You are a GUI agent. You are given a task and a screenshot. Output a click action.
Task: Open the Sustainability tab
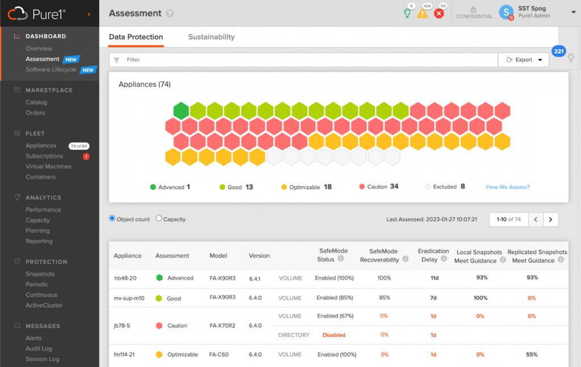[x=211, y=37]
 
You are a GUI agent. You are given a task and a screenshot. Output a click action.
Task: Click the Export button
[x=524, y=60]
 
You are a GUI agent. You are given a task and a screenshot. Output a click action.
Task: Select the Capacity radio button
[x=159, y=218]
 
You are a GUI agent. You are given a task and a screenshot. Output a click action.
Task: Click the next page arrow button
[x=550, y=220]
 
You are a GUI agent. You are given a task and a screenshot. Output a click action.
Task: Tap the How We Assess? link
[x=508, y=187]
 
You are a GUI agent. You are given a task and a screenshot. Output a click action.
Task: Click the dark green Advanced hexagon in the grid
[x=181, y=111]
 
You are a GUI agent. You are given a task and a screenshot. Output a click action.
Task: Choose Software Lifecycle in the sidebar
[x=50, y=70]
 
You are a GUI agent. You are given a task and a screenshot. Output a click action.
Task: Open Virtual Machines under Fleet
[x=49, y=167]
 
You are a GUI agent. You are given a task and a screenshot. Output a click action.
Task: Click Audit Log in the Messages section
[x=39, y=348]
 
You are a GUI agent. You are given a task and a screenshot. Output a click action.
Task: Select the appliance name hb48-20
[x=125, y=278]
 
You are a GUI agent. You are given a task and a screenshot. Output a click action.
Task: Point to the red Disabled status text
[x=334, y=335]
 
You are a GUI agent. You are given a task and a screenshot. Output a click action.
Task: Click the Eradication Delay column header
[x=433, y=255]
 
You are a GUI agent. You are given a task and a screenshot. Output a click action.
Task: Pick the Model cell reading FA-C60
[x=218, y=355]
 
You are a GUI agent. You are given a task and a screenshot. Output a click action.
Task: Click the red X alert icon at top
[x=439, y=14]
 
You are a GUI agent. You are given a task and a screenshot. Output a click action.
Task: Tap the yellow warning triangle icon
[x=422, y=14]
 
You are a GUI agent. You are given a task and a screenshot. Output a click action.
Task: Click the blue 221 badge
[x=558, y=51]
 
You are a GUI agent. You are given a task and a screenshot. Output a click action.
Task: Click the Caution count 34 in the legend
[x=394, y=186]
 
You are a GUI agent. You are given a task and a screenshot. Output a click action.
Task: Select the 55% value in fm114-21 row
[x=532, y=355]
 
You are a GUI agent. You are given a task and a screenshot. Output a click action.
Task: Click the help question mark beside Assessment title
[x=170, y=14]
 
